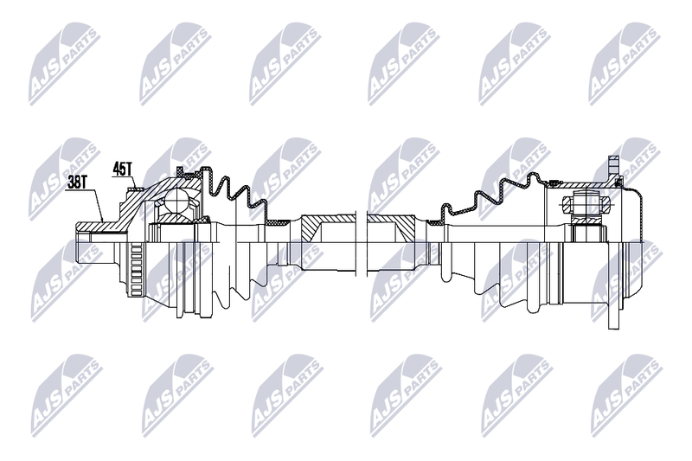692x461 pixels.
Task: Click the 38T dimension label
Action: [x=77, y=183]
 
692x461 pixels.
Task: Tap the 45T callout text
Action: [x=123, y=169]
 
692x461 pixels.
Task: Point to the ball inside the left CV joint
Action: [x=177, y=201]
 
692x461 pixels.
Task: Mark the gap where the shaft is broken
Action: [x=362, y=243]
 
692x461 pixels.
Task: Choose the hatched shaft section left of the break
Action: [x=328, y=227]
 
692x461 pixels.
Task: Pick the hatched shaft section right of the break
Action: [x=391, y=227]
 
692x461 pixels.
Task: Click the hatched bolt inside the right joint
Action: [x=586, y=204]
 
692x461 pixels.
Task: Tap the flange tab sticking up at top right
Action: [x=613, y=168]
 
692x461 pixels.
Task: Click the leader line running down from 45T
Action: [x=135, y=182]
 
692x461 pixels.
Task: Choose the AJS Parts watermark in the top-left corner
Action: [x=63, y=63]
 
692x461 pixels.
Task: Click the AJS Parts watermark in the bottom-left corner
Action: [x=66, y=394]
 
